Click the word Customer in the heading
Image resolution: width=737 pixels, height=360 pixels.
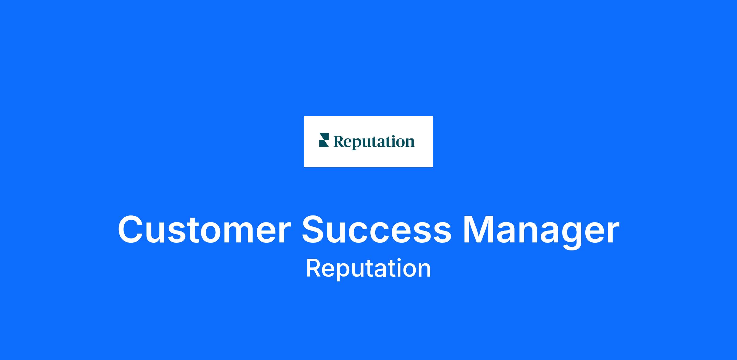204,230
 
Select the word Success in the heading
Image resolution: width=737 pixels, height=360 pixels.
376,230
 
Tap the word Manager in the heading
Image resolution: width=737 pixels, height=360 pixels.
541,232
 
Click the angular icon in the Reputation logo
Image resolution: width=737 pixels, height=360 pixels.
324,140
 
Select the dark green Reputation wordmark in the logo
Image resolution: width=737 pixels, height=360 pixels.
374,141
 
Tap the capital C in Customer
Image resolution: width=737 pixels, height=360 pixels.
131,230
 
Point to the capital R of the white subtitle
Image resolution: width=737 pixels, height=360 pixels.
314,268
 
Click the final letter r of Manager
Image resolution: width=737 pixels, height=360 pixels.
612,233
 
